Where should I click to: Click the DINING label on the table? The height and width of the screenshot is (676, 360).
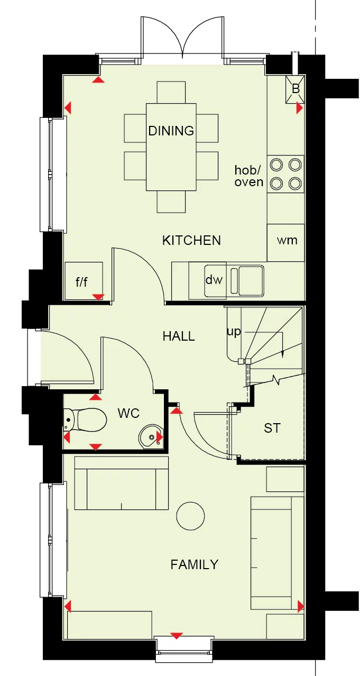[x=171, y=131]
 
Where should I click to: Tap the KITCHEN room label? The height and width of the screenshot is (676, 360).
[x=191, y=241]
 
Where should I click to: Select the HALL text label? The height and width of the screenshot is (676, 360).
[x=179, y=336]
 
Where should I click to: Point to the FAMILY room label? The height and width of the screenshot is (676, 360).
[x=194, y=565]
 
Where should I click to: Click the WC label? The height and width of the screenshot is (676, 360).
[x=128, y=414]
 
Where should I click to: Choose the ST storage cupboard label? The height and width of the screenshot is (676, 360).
[x=272, y=428]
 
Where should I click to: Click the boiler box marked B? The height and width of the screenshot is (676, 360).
[x=296, y=88]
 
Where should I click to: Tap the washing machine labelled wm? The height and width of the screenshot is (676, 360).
[x=287, y=241]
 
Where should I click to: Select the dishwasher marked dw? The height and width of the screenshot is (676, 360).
[x=214, y=280]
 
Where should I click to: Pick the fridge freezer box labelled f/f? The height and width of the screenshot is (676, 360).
[x=82, y=281]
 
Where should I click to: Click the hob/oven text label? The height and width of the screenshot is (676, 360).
[x=249, y=176]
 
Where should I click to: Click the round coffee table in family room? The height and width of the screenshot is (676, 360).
[x=190, y=515]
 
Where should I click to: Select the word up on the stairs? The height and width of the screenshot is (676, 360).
[x=234, y=332]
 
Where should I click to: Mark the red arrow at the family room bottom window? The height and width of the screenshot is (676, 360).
[x=177, y=636]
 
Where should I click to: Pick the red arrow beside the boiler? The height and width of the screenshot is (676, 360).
[x=300, y=108]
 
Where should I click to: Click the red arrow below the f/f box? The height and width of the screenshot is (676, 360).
[x=98, y=297]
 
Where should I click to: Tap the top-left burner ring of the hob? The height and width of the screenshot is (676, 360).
[x=276, y=165]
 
